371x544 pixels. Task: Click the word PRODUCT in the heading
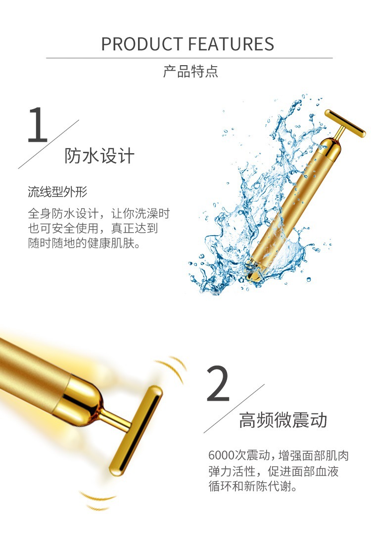tap(142, 44)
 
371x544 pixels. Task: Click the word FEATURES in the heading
tap(231, 44)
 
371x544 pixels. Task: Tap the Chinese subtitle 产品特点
tap(190, 71)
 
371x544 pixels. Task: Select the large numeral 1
tap(38, 125)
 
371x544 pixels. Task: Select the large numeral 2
tap(218, 383)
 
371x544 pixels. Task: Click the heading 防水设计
tap(99, 156)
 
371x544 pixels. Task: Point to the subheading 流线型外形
tap(57, 192)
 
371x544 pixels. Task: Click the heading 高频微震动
tap(283, 420)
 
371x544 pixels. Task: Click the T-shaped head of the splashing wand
tap(345, 123)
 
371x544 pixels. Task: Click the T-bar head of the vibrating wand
tap(136, 430)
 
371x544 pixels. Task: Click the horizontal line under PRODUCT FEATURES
tap(189, 58)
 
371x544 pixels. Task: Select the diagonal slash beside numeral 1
tap(48, 144)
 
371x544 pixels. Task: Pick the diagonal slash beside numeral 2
tap(234, 409)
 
